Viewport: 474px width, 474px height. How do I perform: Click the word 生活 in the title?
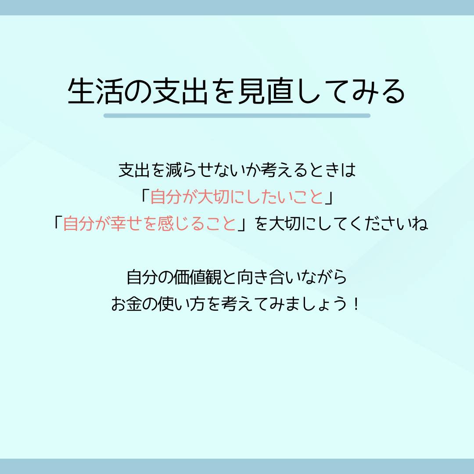(95, 91)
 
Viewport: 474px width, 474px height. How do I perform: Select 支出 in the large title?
(180, 91)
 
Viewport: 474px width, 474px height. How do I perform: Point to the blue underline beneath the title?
(237, 115)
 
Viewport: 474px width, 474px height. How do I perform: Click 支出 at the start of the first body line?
(134, 170)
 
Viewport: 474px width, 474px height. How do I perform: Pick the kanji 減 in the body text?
(173, 170)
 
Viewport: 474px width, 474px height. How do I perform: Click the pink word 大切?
(213, 197)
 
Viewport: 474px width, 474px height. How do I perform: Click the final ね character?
(420, 224)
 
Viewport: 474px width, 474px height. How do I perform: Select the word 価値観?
(197, 277)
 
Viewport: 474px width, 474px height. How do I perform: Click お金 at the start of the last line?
(127, 304)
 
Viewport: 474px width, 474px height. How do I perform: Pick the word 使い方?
(182, 304)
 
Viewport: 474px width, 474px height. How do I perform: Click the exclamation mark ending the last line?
(357, 304)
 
